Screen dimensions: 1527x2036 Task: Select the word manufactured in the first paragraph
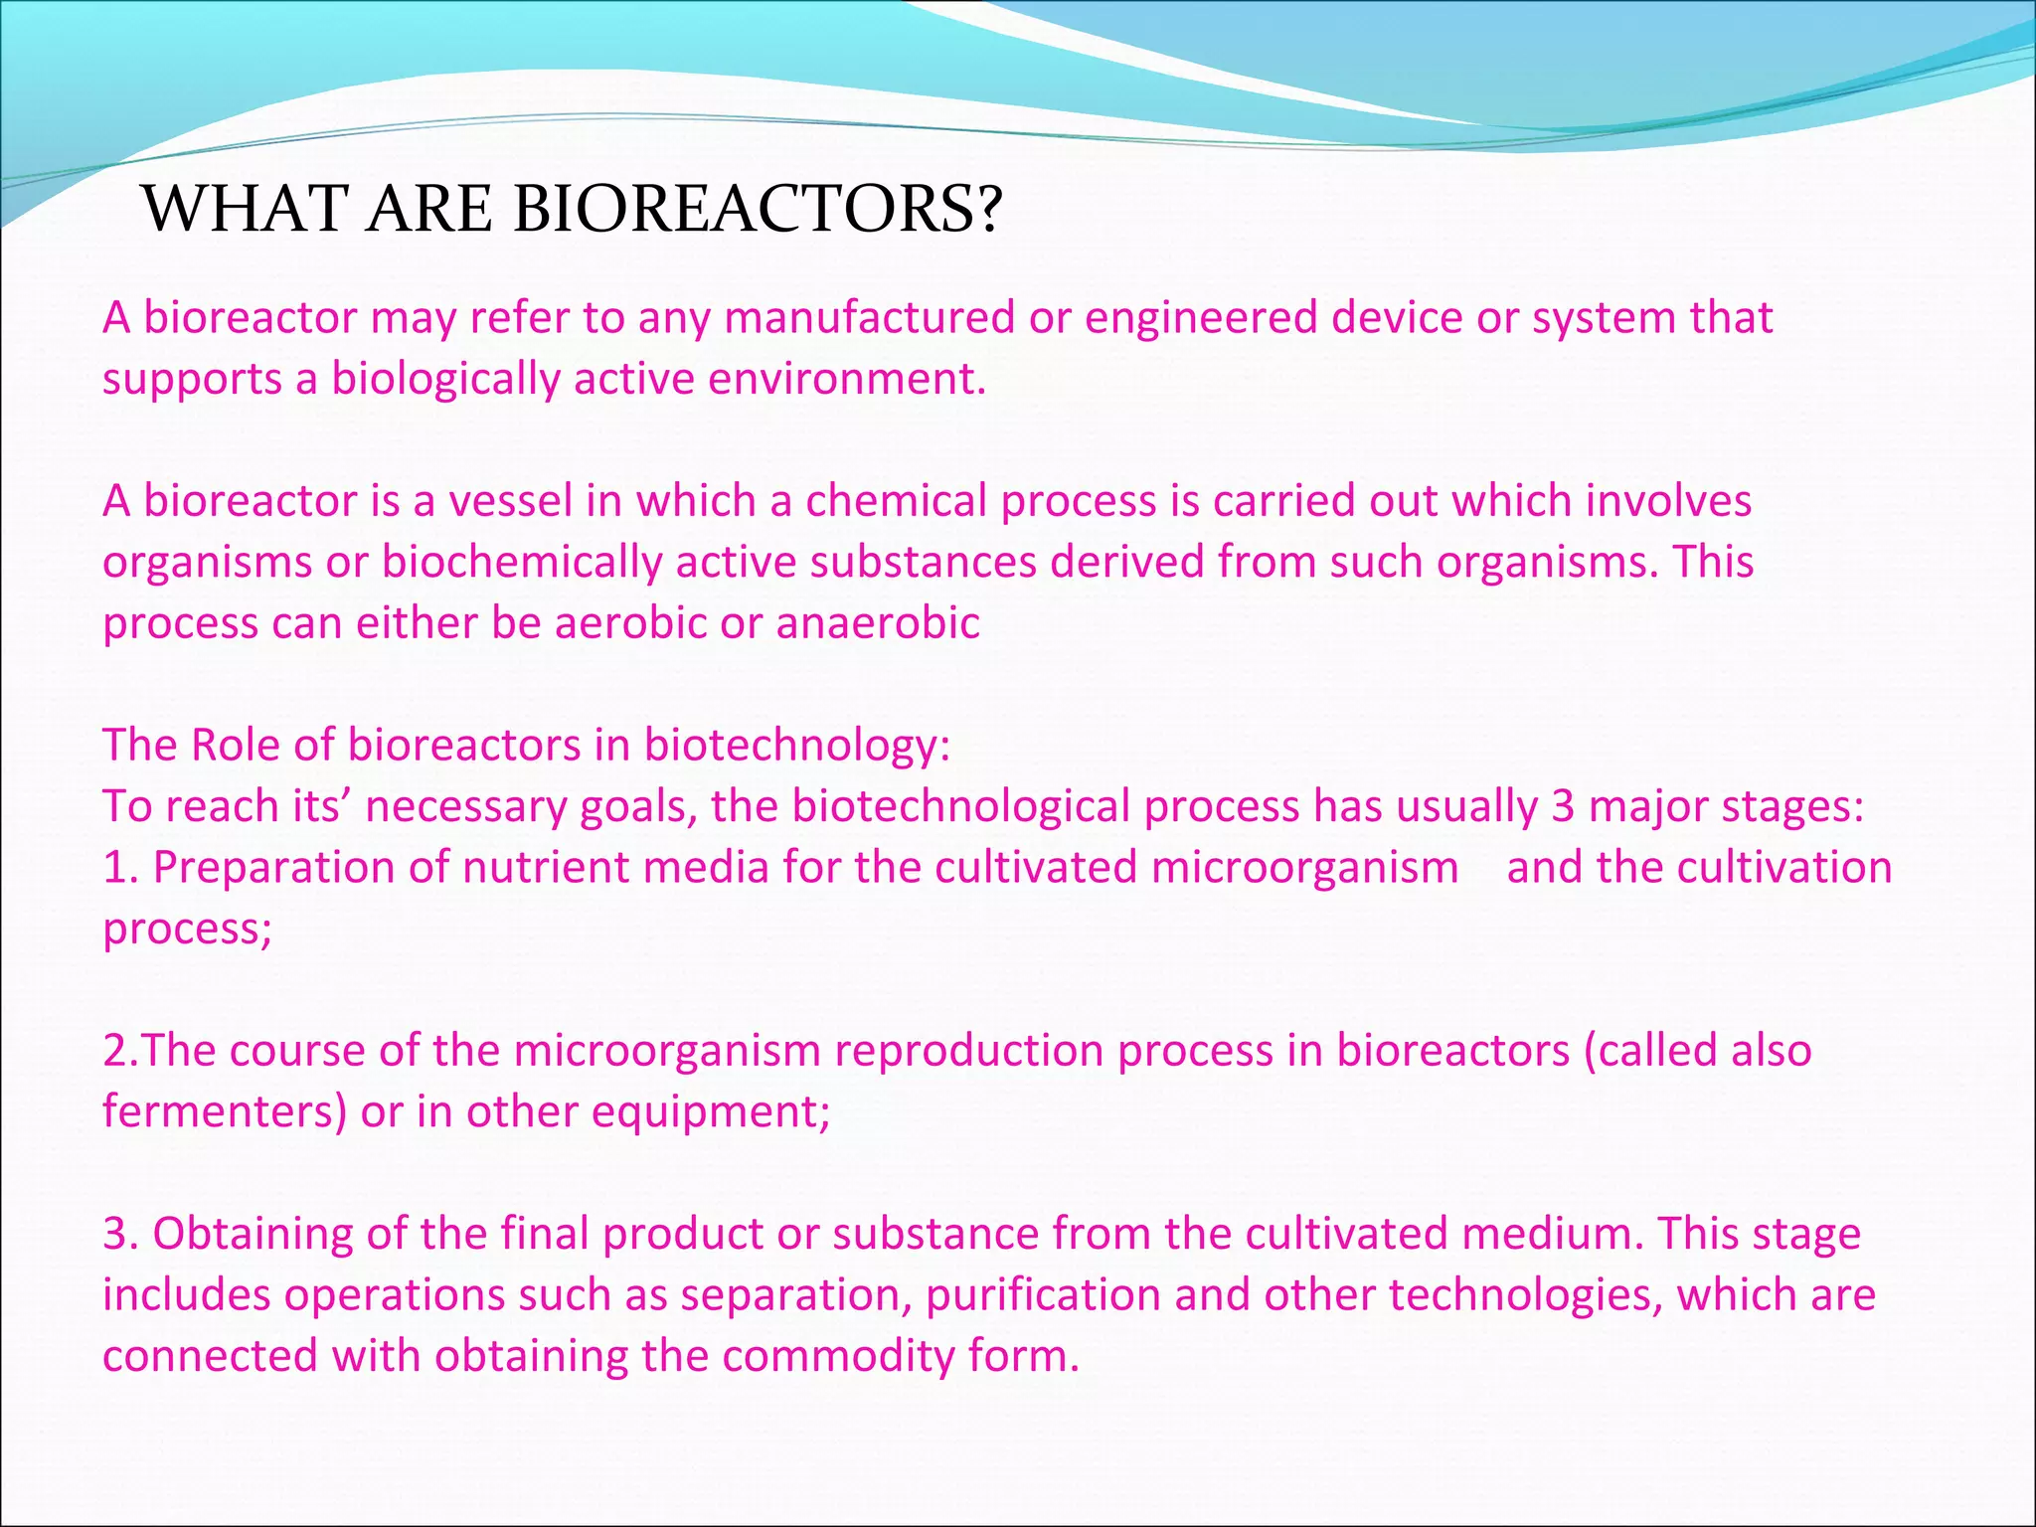point(869,319)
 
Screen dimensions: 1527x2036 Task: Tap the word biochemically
point(522,563)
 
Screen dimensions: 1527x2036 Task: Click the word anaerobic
point(878,624)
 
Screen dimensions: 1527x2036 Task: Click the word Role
point(235,746)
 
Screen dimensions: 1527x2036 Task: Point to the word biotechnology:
point(797,746)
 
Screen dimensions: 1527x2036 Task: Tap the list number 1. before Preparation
point(119,868)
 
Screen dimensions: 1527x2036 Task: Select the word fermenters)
point(225,1112)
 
